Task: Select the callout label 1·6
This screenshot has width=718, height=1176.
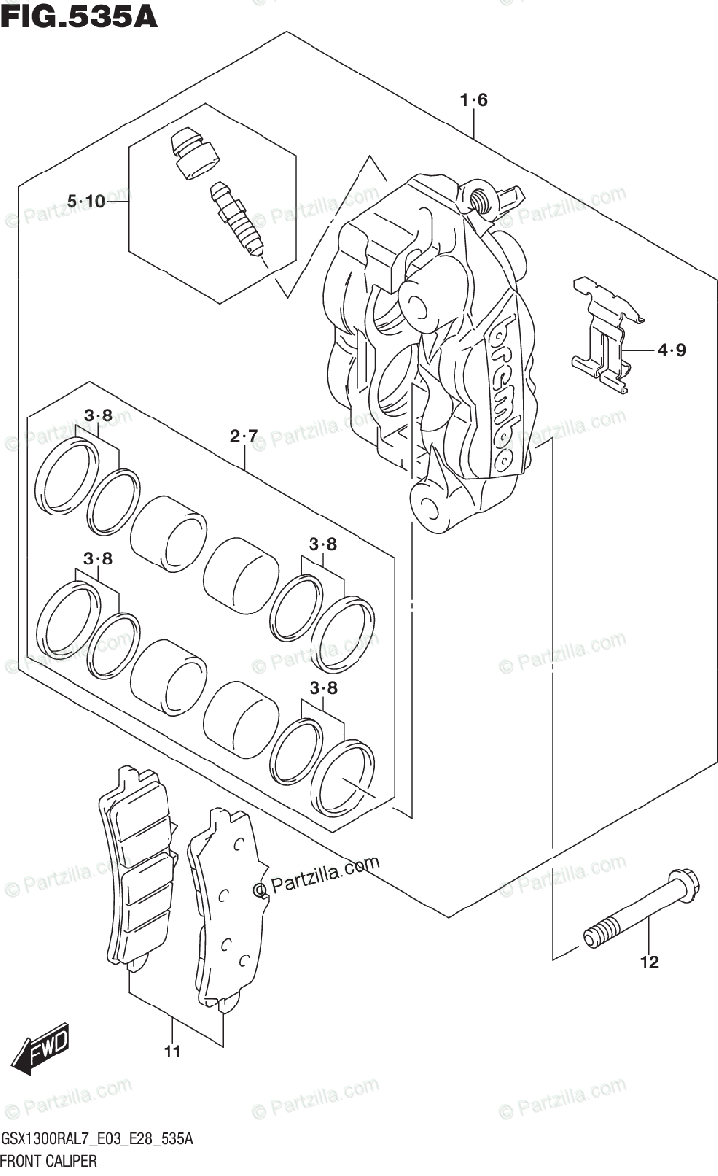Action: (x=473, y=100)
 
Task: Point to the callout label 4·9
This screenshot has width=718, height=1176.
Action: (x=672, y=349)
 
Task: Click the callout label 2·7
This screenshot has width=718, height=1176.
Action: (x=244, y=435)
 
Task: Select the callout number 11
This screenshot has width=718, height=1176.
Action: (x=172, y=1053)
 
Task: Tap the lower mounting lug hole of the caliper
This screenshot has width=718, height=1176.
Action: (x=428, y=505)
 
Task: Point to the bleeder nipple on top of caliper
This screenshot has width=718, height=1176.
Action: (x=482, y=201)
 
